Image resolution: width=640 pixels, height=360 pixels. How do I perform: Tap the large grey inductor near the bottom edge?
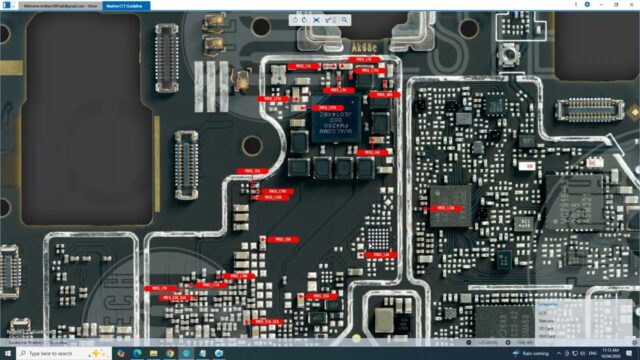click(x=384, y=321)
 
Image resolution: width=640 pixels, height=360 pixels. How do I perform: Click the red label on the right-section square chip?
click(x=441, y=208)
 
